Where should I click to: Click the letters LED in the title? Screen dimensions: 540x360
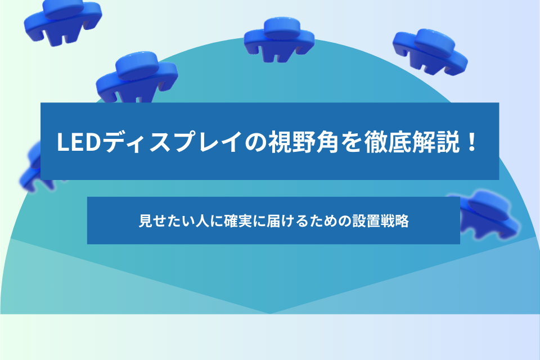coord(79,142)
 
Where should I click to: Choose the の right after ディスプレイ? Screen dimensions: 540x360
coord(255,142)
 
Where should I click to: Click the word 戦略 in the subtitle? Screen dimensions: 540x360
coord(395,221)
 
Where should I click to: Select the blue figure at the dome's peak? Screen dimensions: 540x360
coord(280,39)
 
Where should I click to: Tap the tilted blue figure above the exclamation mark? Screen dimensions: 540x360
coord(430,52)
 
